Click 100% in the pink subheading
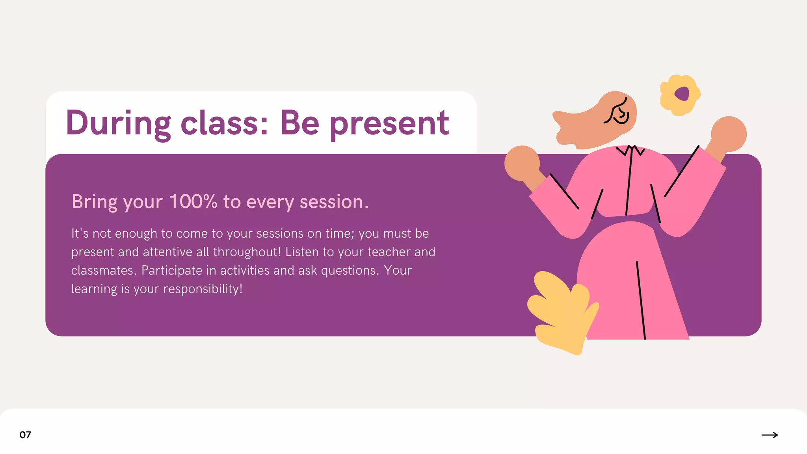click(x=193, y=202)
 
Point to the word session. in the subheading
click(x=334, y=202)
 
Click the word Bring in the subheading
click(x=95, y=202)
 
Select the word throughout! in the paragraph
click(x=247, y=252)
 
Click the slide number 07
click(x=25, y=435)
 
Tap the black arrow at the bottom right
click(x=770, y=435)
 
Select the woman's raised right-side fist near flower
click(x=729, y=134)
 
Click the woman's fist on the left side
click(x=522, y=163)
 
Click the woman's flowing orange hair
click(x=583, y=126)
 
